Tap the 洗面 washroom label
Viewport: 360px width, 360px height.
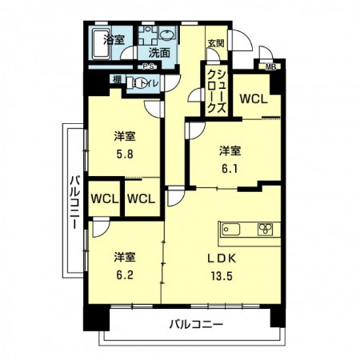(x=159, y=53)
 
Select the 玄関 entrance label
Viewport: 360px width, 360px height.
(x=216, y=43)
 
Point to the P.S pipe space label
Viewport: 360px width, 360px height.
(x=149, y=66)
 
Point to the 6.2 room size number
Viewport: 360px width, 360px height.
(x=123, y=272)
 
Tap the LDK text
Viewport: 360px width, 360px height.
(x=222, y=258)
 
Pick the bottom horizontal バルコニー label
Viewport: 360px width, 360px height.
(x=195, y=324)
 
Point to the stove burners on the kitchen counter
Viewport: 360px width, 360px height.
(x=266, y=230)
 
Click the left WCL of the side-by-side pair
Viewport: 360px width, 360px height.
(x=103, y=198)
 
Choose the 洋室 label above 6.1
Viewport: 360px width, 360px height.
(x=230, y=150)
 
